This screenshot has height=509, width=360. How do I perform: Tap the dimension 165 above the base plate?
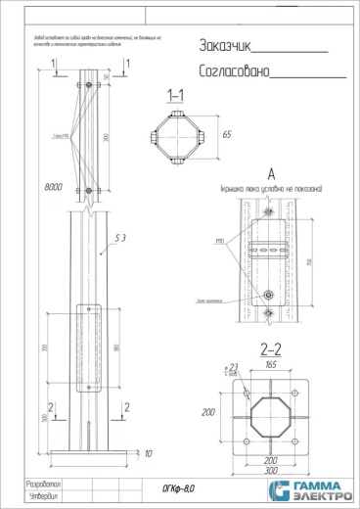click(x=269, y=363)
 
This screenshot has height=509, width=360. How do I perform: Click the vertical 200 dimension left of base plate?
click(x=207, y=412)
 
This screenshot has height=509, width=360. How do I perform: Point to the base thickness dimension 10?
click(x=147, y=455)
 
